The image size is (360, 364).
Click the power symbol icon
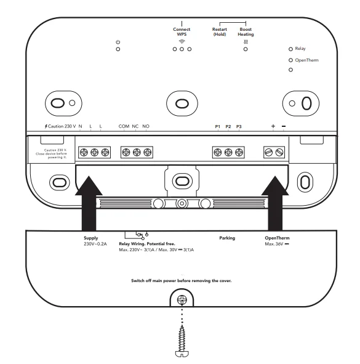pyautogui.click(x=118, y=41)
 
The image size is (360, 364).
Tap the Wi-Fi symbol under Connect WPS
pyautogui.click(x=182, y=41)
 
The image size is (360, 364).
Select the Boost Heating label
pyautogui.click(x=246, y=31)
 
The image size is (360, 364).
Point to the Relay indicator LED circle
pyautogui.click(x=290, y=48)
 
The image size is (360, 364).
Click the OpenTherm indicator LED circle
pyautogui.click(x=290, y=60)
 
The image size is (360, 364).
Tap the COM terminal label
pyautogui.click(x=124, y=126)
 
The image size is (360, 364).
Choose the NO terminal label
pyautogui.click(x=146, y=126)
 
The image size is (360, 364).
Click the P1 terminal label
pyautogui.click(x=217, y=126)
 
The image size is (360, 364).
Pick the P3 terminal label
pyautogui.click(x=239, y=126)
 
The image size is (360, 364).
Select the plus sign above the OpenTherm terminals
pyautogui.click(x=273, y=126)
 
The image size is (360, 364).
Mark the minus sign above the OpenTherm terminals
pyautogui.click(x=284, y=126)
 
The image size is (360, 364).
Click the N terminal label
pyautogui.click(x=81, y=126)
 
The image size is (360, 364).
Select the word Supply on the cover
pyautogui.click(x=90, y=237)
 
